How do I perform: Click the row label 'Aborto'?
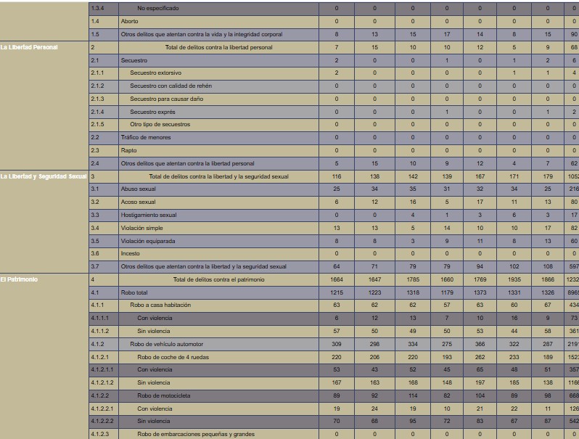129,22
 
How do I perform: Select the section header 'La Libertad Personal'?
29,47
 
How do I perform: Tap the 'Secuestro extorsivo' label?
155,73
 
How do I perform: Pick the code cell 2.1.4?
97,112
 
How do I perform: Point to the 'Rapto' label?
128,150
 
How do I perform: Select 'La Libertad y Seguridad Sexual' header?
44,176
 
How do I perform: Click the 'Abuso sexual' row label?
138,189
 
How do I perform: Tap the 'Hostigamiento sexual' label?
148,215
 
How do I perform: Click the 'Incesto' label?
131,254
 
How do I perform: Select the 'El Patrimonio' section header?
20,279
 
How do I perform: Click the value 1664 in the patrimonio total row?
337,279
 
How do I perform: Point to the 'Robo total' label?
136,292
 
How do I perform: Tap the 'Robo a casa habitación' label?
161,305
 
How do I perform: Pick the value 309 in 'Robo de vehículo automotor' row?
337,344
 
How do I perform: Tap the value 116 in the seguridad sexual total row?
337,176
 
